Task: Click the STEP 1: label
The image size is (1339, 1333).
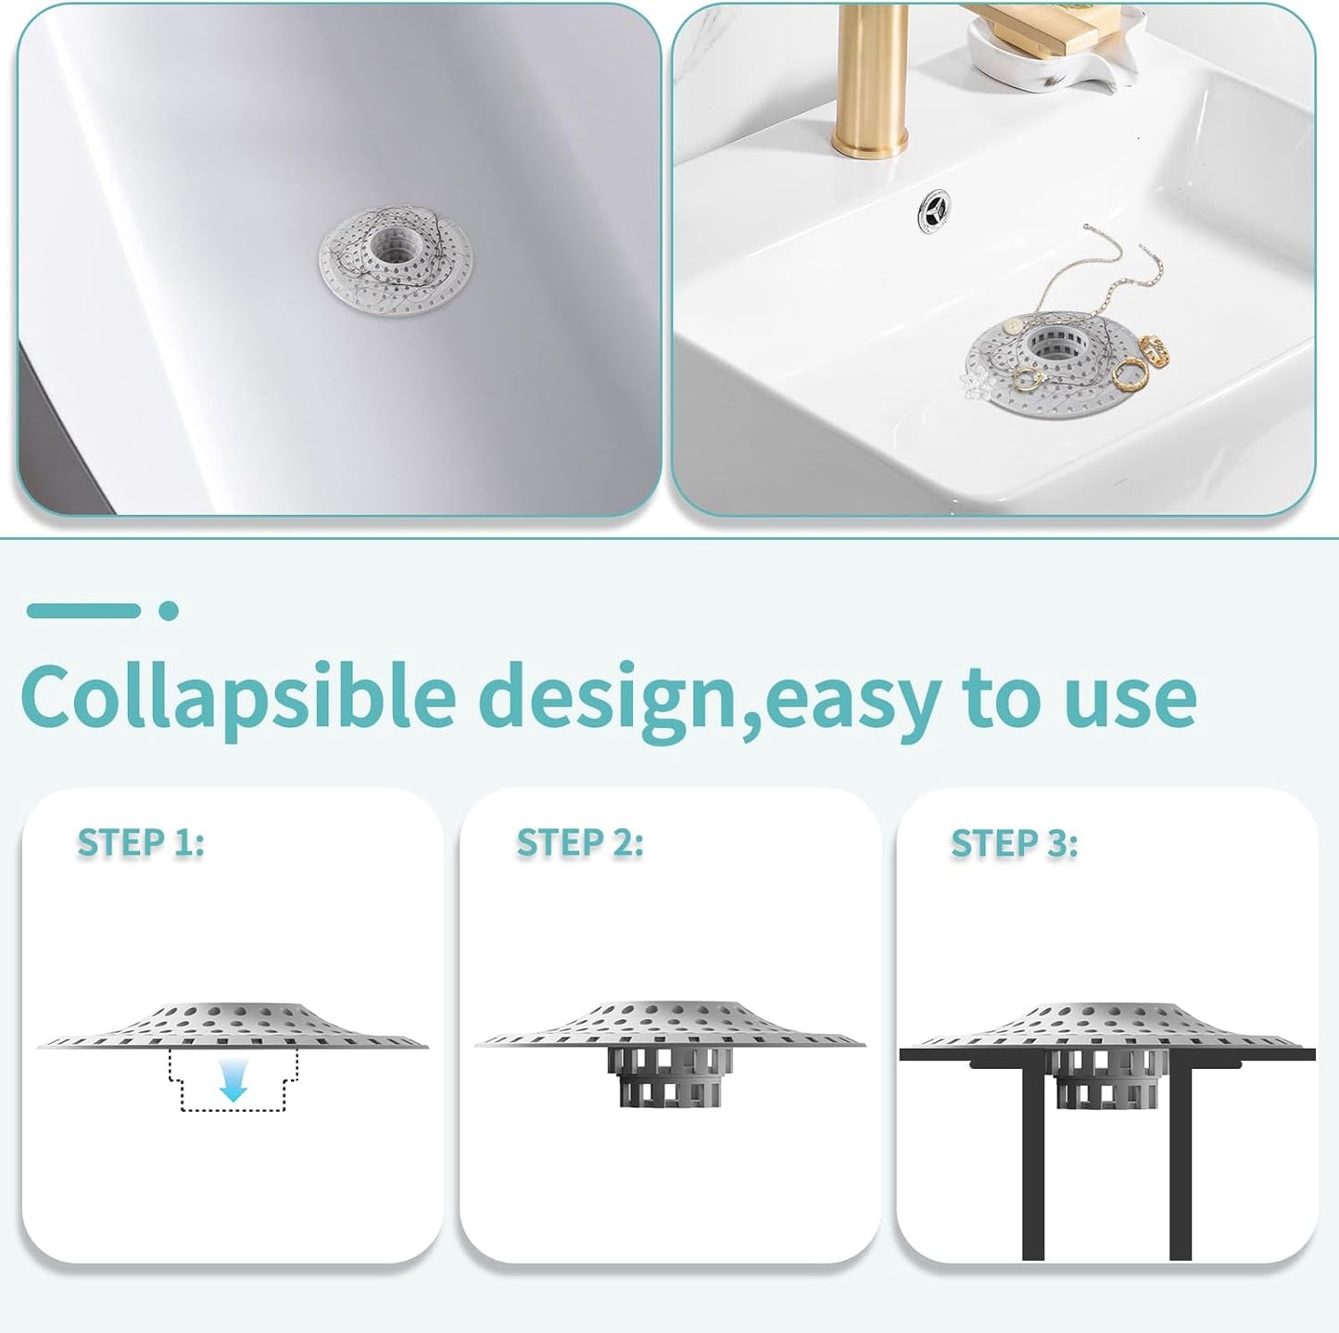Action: click(x=141, y=843)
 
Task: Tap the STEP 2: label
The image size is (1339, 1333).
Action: click(x=579, y=843)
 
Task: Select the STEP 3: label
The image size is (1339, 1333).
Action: click(x=1014, y=844)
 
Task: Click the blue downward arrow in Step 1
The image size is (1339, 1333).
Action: click(x=233, y=1082)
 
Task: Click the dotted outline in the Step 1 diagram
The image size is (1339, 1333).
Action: click(x=233, y=1081)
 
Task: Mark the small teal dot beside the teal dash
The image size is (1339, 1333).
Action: click(x=168, y=610)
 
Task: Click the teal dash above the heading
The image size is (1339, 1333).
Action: click(x=83, y=610)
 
